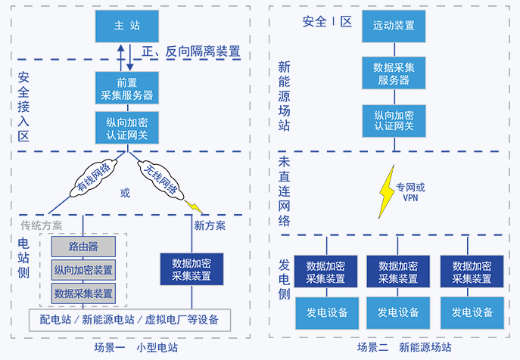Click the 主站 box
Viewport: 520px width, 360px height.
pos(126,26)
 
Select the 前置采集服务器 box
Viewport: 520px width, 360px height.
pos(126,88)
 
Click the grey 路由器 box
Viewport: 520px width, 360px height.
pos(83,247)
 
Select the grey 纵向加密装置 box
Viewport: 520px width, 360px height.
pos(83,270)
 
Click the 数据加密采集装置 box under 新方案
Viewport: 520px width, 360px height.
pos(191,269)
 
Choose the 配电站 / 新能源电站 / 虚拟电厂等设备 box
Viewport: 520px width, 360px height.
pos(129,319)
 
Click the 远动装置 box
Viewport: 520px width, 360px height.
pos(394,26)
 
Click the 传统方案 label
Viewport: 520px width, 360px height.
pos(42,225)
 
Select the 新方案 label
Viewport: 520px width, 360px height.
pos(210,225)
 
